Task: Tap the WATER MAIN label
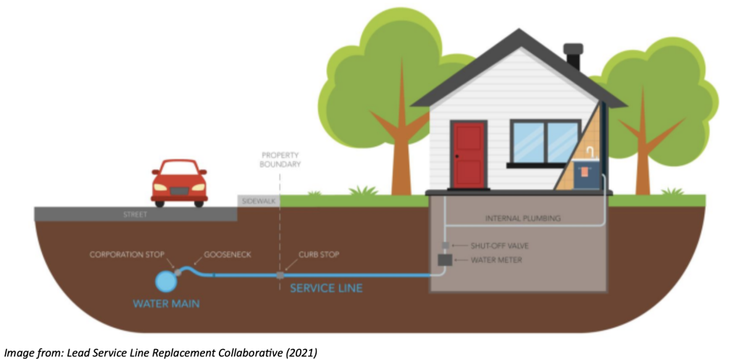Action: click(x=167, y=304)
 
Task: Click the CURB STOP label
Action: click(x=319, y=255)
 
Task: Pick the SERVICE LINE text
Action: click(x=326, y=288)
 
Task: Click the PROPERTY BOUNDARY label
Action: click(x=281, y=160)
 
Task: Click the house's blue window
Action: click(x=544, y=141)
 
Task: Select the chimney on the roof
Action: click(x=572, y=56)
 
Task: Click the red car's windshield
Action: click(x=179, y=169)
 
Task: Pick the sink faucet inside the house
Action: click(x=591, y=151)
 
